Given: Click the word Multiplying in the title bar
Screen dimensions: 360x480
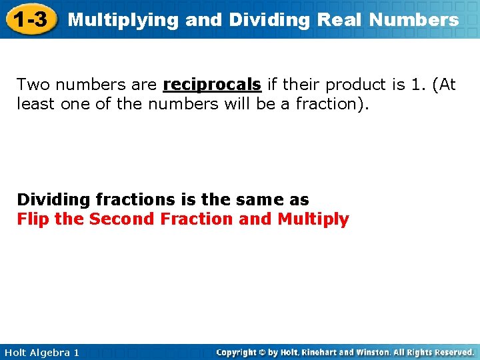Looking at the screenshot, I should (123, 20).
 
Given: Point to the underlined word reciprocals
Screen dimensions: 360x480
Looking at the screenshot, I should (212, 85).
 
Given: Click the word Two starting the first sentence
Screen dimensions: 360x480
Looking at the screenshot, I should (31, 85).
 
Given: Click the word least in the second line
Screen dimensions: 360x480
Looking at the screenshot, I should (34, 103).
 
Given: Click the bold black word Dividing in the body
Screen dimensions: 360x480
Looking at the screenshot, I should (53, 199).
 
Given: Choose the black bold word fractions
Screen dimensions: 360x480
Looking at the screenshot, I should (135, 199).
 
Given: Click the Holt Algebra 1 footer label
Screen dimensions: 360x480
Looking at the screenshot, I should (41, 352).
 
